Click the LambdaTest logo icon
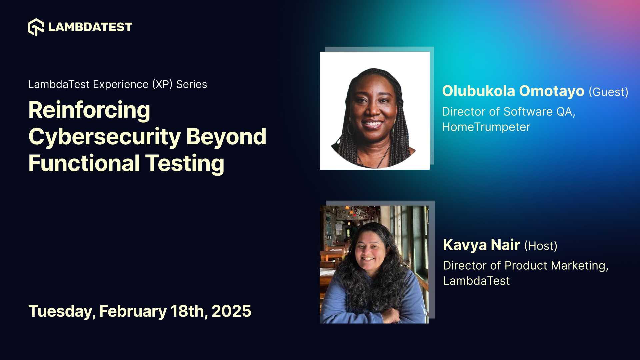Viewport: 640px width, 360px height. click(x=36, y=27)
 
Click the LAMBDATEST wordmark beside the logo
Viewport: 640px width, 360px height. click(x=90, y=27)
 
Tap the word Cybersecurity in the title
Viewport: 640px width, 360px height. click(x=105, y=137)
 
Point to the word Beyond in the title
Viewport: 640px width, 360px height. click(x=226, y=137)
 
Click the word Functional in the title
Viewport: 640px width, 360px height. click(x=84, y=163)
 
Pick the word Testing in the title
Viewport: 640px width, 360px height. click(x=185, y=164)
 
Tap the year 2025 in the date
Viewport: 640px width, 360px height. click(x=231, y=311)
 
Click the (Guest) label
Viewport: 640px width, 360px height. click(x=608, y=92)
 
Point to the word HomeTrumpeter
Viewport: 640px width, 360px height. click(x=486, y=127)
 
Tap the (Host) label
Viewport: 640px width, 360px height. click(x=541, y=246)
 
